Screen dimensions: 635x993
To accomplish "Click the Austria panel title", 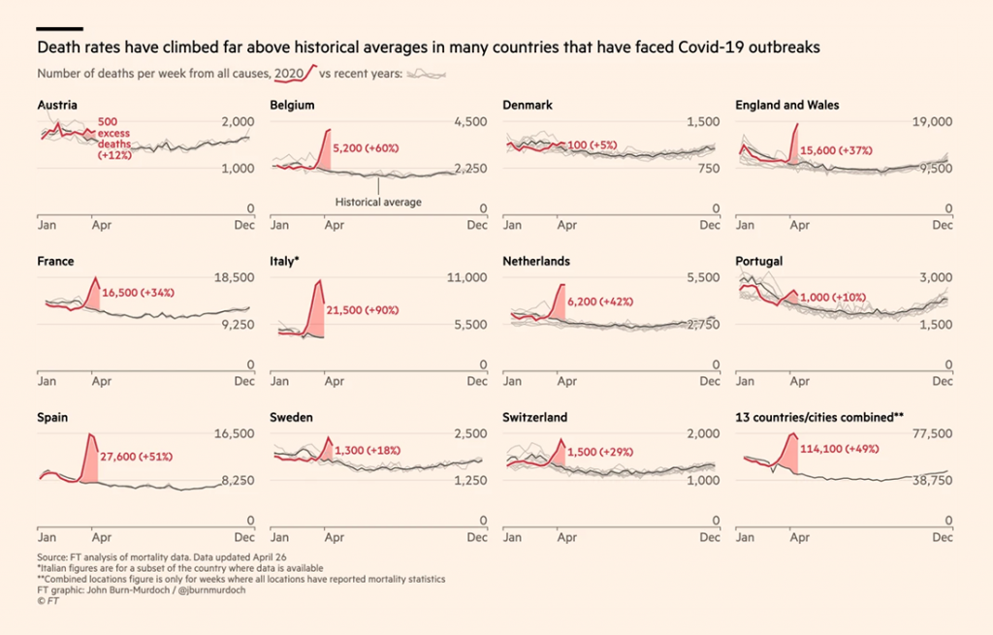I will click(x=57, y=105).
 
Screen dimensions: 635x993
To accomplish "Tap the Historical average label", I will click(x=378, y=202).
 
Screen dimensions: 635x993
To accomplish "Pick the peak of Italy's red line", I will click(x=319, y=280).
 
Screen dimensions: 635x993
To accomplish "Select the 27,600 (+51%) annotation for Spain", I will click(x=137, y=456).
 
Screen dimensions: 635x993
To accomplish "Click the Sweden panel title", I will click(x=291, y=417).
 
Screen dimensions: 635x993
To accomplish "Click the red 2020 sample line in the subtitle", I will click(x=297, y=75).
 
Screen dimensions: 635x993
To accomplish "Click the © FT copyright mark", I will click(x=48, y=601).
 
